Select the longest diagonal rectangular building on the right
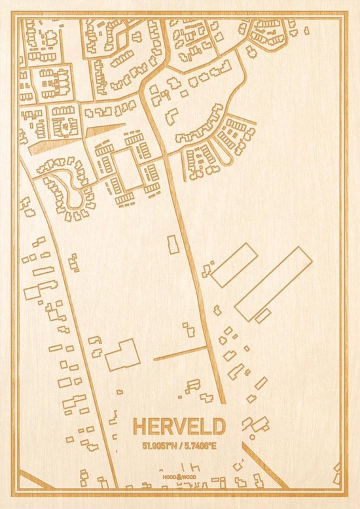pyautogui.click(x=274, y=283)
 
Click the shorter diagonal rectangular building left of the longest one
pyautogui.click(x=234, y=264)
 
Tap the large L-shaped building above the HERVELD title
pyautogui.click(x=122, y=355)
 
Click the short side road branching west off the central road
pyautogui.click(x=180, y=354)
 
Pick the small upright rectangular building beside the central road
pyautogui.click(x=173, y=245)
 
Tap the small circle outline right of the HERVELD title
pyautogui.click(x=252, y=436)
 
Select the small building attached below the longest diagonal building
pyautogui.click(x=263, y=315)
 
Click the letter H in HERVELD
pyautogui.click(x=139, y=427)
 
